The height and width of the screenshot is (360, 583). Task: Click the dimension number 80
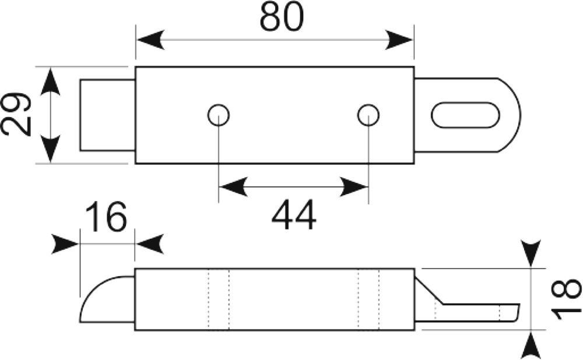tap(282, 17)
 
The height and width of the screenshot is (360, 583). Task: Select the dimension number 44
tap(294, 215)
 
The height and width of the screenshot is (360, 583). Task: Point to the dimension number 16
tap(106, 216)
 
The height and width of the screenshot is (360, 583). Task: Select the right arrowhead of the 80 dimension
tap(399, 40)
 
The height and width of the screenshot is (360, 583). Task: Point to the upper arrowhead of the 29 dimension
tap(50, 80)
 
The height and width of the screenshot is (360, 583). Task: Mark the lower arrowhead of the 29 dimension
tap(50, 149)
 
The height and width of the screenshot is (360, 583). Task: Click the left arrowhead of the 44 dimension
tap(233, 186)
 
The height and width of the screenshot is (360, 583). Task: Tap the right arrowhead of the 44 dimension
tap(354, 186)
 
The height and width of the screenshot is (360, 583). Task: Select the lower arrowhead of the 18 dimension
tap(531, 344)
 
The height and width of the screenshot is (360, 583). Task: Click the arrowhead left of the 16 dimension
tap(65, 243)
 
